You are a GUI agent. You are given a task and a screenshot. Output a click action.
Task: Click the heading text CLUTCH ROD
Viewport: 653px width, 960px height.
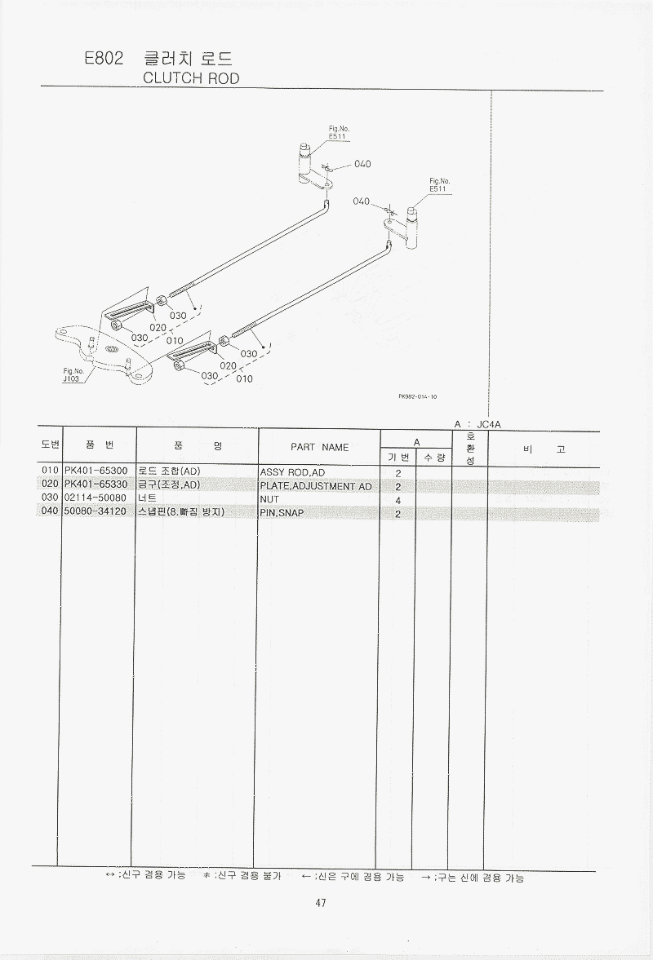click(191, 78)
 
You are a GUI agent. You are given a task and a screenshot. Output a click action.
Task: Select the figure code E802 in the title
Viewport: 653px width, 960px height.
click(104, 58)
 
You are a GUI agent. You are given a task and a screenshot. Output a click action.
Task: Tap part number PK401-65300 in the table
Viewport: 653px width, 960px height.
click(96, 471)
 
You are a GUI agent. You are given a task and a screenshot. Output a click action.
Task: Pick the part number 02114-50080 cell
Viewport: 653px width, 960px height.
click(96, 498)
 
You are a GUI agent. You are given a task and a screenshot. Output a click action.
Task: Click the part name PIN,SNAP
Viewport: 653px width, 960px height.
click(282, 512)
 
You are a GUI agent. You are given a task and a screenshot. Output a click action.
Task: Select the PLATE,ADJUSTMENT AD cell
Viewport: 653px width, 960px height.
click(316, 486)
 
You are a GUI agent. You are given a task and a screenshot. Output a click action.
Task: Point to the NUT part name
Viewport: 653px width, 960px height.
click(269, 499)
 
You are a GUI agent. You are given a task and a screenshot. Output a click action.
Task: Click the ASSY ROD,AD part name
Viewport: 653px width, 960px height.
click(293, 472)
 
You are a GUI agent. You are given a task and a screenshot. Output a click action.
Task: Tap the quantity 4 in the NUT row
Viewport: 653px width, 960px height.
click(398, 501)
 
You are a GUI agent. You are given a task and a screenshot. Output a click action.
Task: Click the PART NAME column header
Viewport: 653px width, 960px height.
click(320, 448)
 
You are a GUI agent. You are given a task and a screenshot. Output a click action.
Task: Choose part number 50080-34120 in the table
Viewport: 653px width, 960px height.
click(96, 511)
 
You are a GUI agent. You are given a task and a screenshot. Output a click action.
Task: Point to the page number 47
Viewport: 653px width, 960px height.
click(320, 902)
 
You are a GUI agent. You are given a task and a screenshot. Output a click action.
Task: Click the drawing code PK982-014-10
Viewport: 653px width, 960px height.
click(418, 396)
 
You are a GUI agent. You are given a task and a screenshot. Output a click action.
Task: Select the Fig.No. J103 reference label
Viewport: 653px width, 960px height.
click(73, 374)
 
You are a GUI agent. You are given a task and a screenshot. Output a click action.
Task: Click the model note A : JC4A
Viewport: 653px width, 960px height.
click(478, 424)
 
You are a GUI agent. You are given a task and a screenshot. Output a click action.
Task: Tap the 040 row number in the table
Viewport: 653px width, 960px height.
click(50, 511)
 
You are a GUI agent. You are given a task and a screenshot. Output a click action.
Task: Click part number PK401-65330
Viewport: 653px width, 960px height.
click(96, 484)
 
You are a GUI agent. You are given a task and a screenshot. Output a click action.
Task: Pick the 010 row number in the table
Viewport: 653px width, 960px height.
click(50, 471)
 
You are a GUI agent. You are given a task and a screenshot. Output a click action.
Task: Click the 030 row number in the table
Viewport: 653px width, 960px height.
click(50, 498)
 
